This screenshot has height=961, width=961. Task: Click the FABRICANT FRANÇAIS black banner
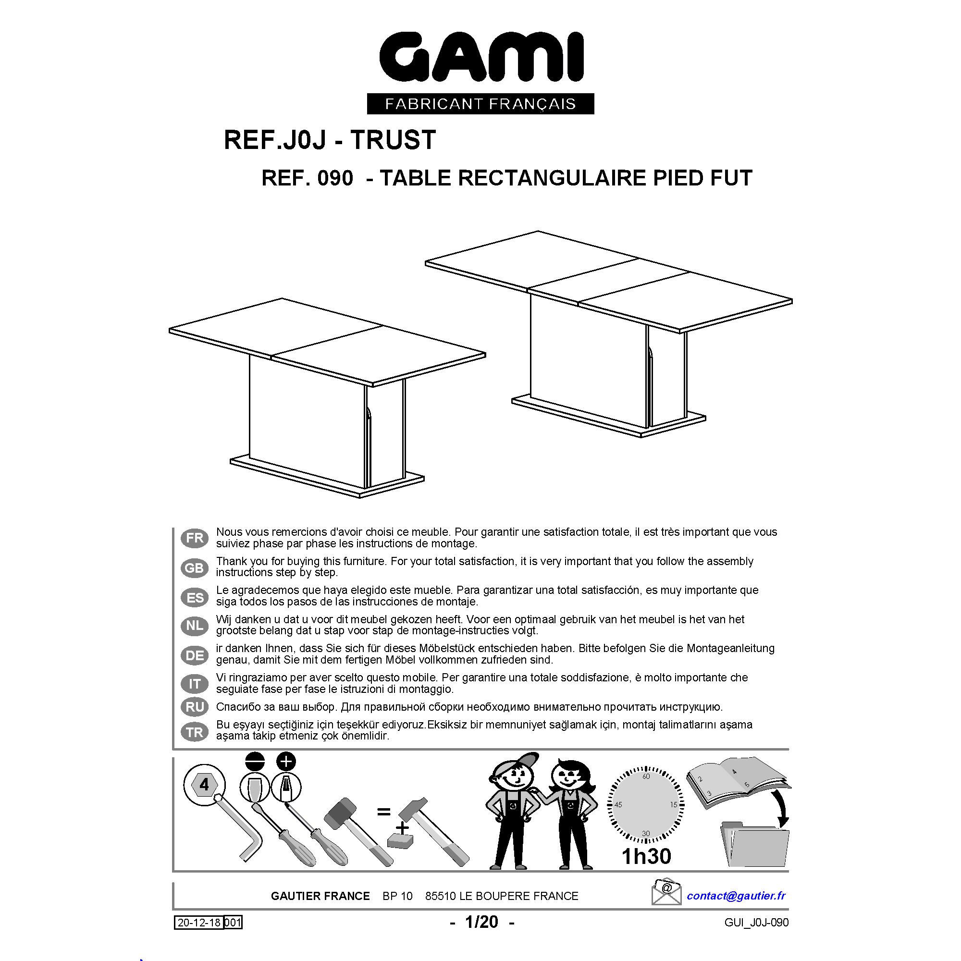pyautogui.click(x=480, y=104)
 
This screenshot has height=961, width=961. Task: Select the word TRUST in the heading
pyautogui.click(x=394, y=140)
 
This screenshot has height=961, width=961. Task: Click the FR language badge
pyautogui.click(x=195, y=538)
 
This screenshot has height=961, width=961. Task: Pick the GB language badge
pyautogui.click(x=195, y=567)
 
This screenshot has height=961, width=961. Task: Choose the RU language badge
pyautogui.click(x=195, y=707)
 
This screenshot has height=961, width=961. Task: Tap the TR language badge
pyautogui.click(x=195, y=732)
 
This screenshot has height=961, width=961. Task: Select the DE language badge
pyautogui.click(x=195, y=655)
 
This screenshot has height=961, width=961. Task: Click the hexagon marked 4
pyautogui.click(x=204, y=785)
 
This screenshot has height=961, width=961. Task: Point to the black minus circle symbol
pyautogui.click(x=255, y=762)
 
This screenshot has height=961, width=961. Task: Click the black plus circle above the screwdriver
pyautogui.click(x=285, y=761)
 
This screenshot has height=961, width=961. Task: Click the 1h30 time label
pyautogui.click(x=646, y=856)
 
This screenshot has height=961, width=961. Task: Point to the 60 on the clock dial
pyautogui.click(x=646, y=776)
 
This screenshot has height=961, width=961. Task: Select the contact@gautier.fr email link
pyautogui.click(x=736, y=895)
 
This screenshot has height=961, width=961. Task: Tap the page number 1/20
pyautogui.click(x=481, y=922)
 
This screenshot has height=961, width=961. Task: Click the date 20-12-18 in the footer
pyautogui.click(x=199, y=923)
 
